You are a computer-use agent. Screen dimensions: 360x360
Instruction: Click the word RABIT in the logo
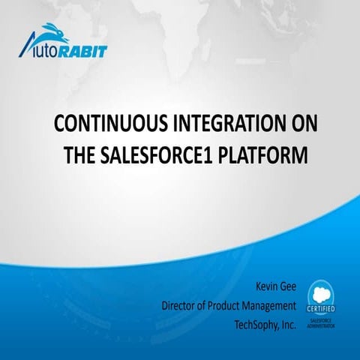coord(85,52)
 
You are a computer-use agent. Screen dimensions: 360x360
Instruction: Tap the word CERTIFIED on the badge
coord(321,308)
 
